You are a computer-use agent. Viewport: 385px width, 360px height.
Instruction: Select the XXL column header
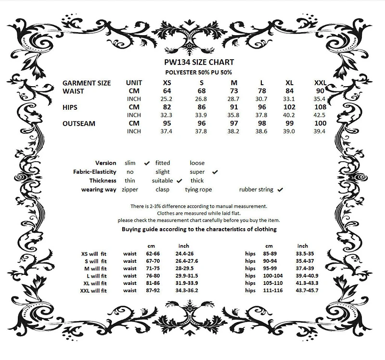pyautogui.click(x=320, y=83)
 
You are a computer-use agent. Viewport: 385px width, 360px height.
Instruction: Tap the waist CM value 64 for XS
pyautogui.click(x=167, y=91)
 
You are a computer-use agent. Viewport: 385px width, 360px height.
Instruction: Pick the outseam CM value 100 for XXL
pyautogui.click(x=320, y=123)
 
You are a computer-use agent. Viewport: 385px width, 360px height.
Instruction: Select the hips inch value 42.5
pyautogui.click(x=320, y=115)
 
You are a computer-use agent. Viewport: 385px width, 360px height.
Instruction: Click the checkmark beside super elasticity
pyautogui.click(x=215, y=171)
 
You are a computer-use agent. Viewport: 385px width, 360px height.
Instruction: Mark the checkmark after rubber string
pyautogui.click(x=280, y=189)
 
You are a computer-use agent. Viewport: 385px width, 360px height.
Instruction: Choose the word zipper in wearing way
pyautogui.click(x=130, y=190)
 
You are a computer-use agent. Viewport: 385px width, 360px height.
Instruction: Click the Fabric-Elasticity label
pyautogui.click(x=95, y=172)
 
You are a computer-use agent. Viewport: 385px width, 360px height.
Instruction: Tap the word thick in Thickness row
pyautogui.click(x=197, y=180)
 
